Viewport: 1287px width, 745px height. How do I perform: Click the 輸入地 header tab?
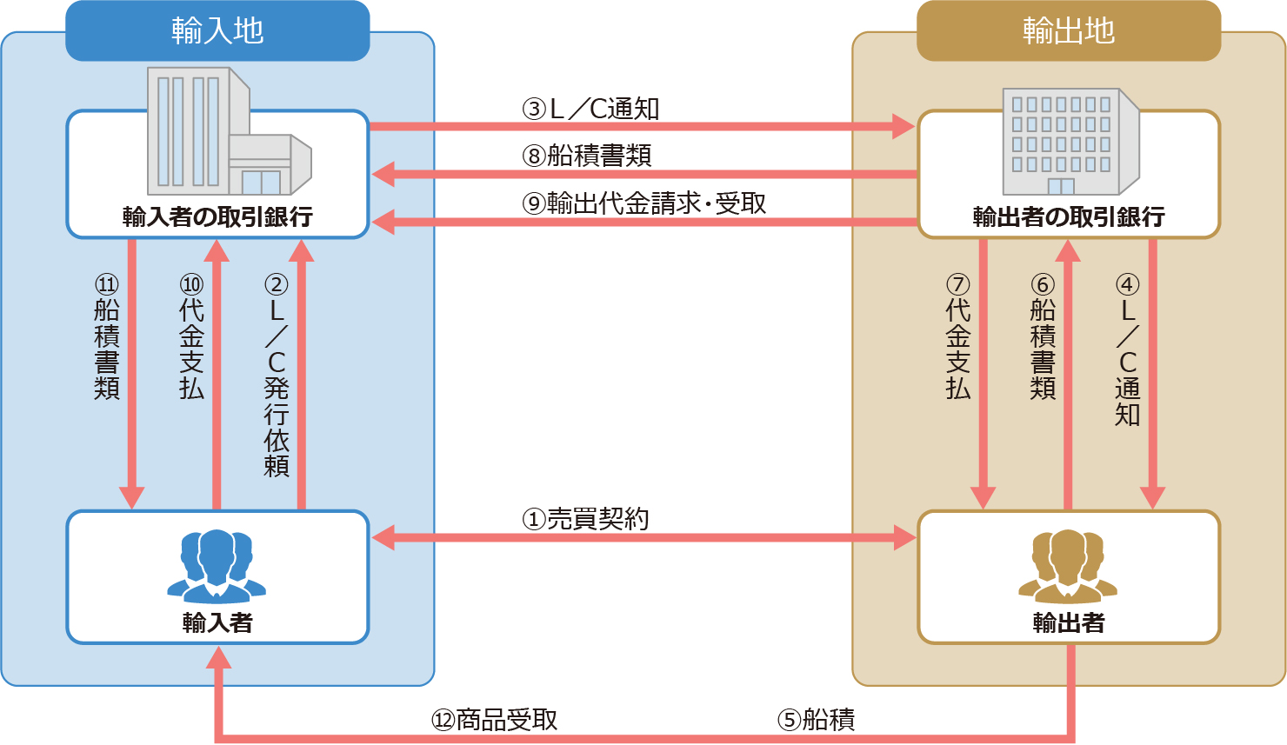(217, 31)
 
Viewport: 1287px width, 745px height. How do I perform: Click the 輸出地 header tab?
(1069, 31)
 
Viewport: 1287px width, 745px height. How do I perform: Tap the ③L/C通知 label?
(590, 109)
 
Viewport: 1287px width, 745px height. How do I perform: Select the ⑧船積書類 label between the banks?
(587, 156)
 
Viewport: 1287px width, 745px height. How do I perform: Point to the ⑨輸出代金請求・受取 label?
(643, 203)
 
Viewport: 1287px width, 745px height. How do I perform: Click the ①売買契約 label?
(585, 519)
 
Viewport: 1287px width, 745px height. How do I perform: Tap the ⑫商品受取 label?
(495, 720)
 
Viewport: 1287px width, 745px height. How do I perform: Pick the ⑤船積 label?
(816, 720)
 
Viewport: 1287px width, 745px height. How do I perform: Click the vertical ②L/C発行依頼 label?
(277, 376)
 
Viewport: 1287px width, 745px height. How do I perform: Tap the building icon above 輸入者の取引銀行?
(228, 132)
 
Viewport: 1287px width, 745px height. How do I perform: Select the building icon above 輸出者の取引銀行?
(1070, 141)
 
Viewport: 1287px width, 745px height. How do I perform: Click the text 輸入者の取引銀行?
(217, 216)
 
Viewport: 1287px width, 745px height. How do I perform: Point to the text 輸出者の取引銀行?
(1069, 216)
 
